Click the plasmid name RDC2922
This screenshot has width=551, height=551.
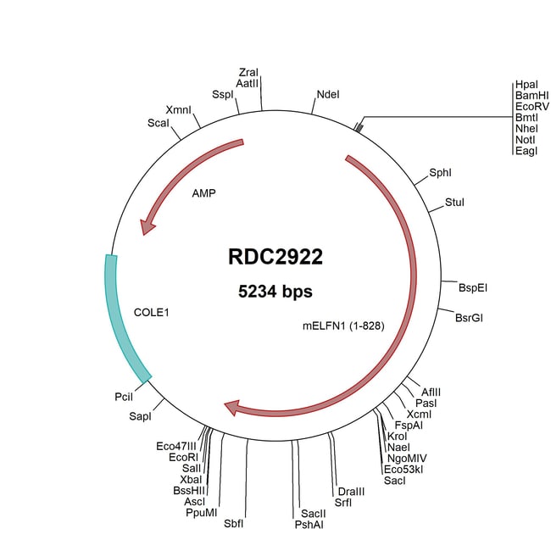[275, 257]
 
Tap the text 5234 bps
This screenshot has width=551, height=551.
[275, 292]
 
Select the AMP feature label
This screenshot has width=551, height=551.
[203, 193]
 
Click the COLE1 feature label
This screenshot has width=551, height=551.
[152, 312]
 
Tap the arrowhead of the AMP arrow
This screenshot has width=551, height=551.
[149, 225]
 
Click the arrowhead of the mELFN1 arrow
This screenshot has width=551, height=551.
[232, 409]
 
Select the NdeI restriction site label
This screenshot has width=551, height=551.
[327, 94]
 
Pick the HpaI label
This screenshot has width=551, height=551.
[526, 86]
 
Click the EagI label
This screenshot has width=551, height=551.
[526, 151]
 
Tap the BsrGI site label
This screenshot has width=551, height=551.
[469, 317]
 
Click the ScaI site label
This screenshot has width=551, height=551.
[159, 123]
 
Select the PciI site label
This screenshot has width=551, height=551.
[124, 396]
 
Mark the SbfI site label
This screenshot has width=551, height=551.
[233, 523]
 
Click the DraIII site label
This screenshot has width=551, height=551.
[351, 492]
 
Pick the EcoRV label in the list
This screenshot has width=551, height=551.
[532, 108]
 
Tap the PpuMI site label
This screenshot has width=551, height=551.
[202, 512]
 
